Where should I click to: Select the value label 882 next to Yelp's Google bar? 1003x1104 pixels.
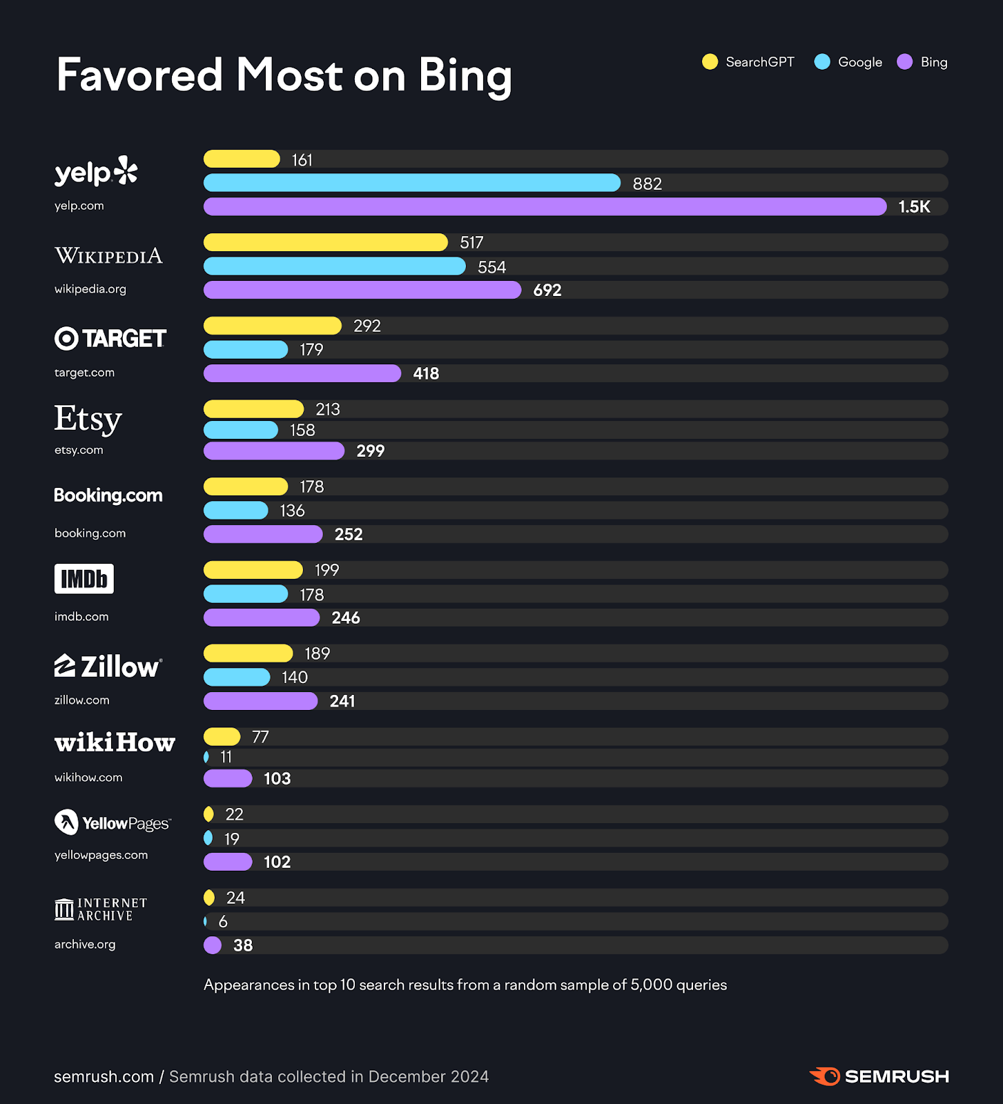pyautogui.click(x=647, y=184)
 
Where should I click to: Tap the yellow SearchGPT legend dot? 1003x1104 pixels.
pyautogui.click(x=710, y=62)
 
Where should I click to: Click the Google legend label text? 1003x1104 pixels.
pyautogui.click(x=859, y=62)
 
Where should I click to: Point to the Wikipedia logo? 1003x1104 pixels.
pyautogui.click(x=108, y=256)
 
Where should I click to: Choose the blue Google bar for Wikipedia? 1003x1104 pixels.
pyautogui.click(x=334, y=266)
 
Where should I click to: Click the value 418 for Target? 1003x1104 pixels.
pyautogui.click(x=426, y=373)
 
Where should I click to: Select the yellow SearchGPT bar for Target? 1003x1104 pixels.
pyautogui.click(x=272, y=326)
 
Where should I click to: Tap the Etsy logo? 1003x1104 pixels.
pyautogui.click(x=88, y=419)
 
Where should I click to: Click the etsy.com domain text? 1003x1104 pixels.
pyautogui.click(x=79, y=450)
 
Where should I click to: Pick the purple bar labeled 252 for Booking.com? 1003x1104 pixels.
pyautogui.click(x=262, y=534)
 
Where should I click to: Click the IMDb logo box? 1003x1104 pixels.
pyautogui.click(x=84, y=579)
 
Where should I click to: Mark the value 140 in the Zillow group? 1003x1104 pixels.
pyautogui.click(x=294, y=678)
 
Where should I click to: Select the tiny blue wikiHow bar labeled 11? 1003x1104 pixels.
pyautogui.click(x=206, y=757)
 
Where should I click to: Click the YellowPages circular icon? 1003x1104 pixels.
pyautogui.click(x=66, y=822)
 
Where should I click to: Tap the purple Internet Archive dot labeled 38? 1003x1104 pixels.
pyautogui.click(x=213, y=945)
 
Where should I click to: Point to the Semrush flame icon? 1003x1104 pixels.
pyautogui.click(x=825, y=1076)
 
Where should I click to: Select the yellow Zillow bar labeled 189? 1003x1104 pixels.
pyautogui.click(x=248, y=653)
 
